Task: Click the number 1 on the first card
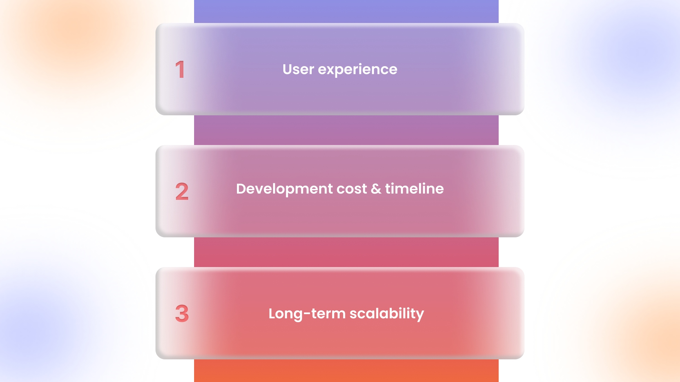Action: click(180, 69)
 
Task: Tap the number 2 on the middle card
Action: click(182, 191)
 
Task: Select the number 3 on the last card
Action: click(182, 313)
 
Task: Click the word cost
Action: click(352, 189)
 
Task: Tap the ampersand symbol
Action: click(376, 189)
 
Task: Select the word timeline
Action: click(414, 189)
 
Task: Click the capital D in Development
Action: click(242, 189)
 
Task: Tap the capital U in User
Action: click(288, 69)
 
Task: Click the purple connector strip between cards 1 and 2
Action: click(346, 130)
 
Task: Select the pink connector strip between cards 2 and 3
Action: click(346, 252)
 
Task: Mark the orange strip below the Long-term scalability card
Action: click(346, 371)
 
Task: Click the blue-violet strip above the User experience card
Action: click(346, 11)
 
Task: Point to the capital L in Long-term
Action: click(272, 313)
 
